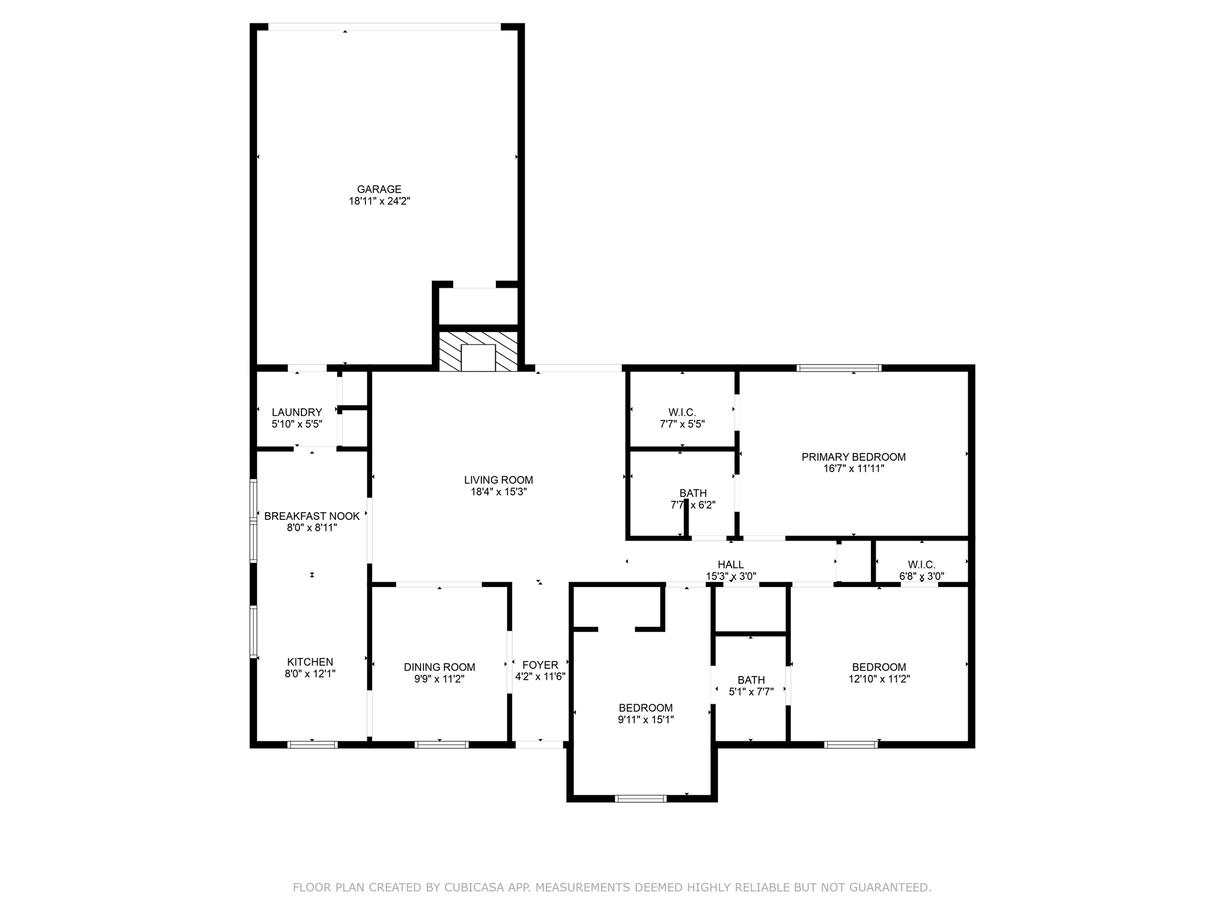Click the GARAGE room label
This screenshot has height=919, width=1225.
click(x=379, y=190)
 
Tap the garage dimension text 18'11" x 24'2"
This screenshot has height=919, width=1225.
click(x=379, y=202)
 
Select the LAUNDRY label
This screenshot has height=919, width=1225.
click(x=297, y=412)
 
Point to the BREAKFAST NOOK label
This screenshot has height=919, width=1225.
click(x=312, y=516)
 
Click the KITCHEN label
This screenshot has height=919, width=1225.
click(x=310, y=662)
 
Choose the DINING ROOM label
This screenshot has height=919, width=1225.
click(x=439, y=667)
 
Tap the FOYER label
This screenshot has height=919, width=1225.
click(x=540, y=665)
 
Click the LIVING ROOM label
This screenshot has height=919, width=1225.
click(x=498, y=480)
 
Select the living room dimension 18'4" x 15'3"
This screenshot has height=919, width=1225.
click(x=498, y=492)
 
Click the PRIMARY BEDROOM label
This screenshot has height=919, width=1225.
click(x=854, y=457)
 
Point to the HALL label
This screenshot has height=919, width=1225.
click(x=731, y=565)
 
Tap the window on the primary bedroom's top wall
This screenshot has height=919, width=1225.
click(x=839, y=368)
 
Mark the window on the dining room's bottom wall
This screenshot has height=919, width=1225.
click(x=441, y=745)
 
